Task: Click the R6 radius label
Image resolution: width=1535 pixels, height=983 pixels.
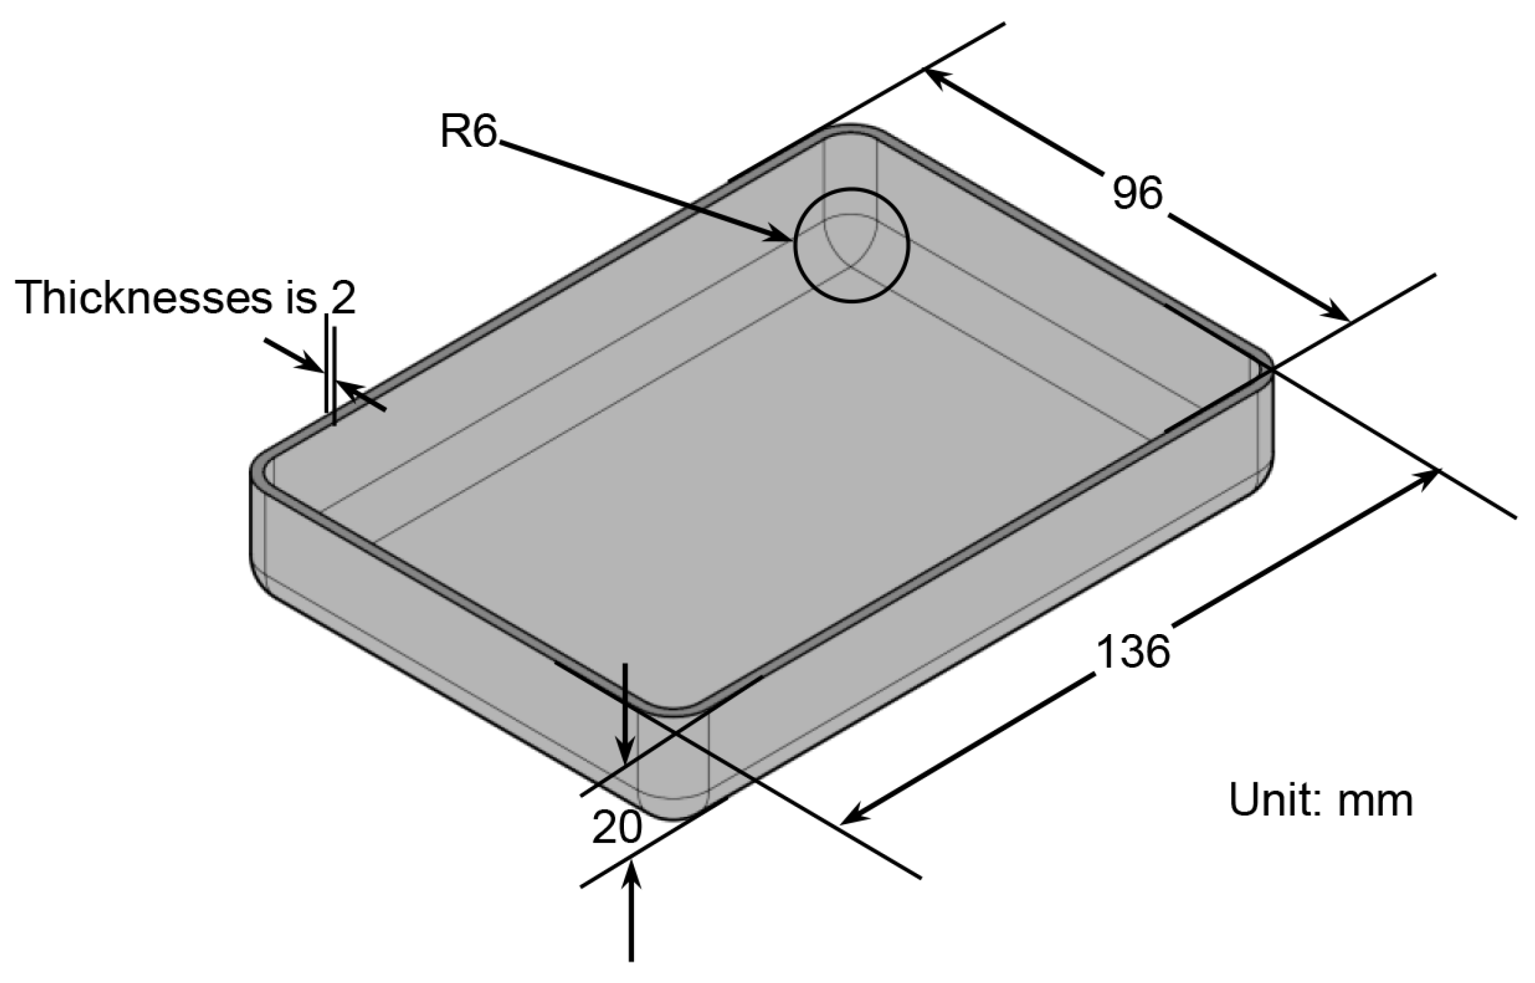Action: [468, 131]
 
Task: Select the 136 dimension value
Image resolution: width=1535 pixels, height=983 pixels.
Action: [1132, 651]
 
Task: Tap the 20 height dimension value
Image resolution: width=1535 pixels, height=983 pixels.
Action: [617, 828]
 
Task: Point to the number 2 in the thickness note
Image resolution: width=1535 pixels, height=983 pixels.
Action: [343, 297]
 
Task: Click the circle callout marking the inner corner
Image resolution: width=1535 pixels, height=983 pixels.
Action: [851, 246]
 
